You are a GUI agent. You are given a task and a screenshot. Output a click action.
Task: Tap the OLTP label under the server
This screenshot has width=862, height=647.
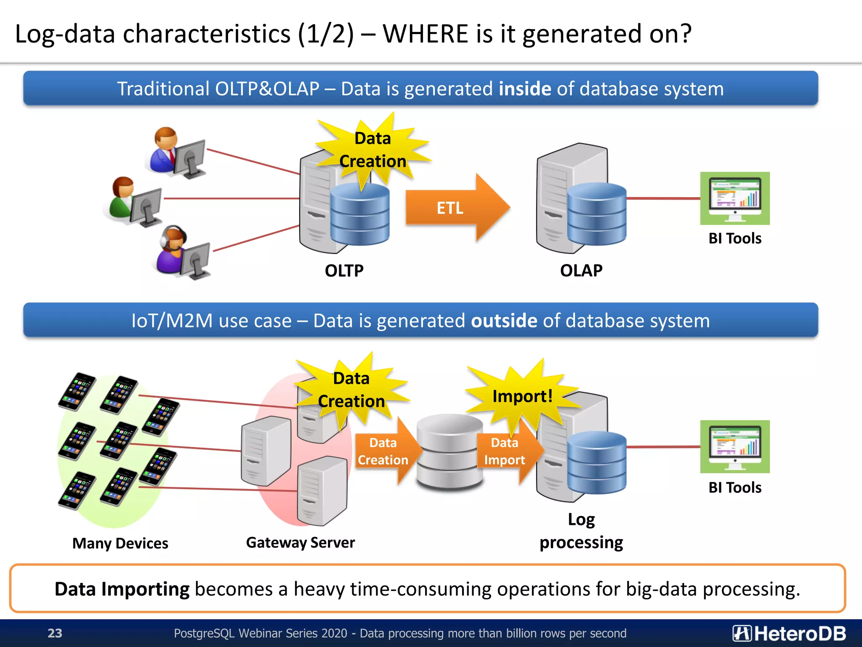344,270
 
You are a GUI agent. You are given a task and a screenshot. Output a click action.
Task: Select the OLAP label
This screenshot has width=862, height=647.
581,270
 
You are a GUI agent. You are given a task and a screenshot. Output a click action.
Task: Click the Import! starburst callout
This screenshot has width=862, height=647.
522,396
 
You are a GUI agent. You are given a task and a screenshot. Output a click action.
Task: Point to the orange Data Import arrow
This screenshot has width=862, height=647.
507,451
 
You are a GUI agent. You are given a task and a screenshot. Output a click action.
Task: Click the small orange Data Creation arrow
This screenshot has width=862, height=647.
385,451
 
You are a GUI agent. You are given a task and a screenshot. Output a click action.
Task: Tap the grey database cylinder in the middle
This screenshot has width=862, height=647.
450,451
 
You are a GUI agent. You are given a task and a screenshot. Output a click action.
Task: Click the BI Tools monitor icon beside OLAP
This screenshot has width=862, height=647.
734,198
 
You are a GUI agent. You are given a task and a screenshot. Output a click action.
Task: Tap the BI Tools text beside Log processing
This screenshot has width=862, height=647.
734,487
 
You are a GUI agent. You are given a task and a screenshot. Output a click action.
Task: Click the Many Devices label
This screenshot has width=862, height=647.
120,543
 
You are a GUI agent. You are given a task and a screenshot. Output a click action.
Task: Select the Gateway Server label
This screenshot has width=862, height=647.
300,543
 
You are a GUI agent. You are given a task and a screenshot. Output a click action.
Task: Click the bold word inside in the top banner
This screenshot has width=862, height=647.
524,89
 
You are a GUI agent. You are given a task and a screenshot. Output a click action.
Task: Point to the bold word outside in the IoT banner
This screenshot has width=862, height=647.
504,321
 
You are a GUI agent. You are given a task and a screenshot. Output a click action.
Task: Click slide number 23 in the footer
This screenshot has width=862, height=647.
55,633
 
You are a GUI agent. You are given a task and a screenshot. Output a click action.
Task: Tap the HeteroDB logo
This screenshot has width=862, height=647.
789,633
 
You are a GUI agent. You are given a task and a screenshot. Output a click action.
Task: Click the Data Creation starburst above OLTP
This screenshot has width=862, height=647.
372,150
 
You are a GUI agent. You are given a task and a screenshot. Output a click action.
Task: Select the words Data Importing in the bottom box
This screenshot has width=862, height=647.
122,589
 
